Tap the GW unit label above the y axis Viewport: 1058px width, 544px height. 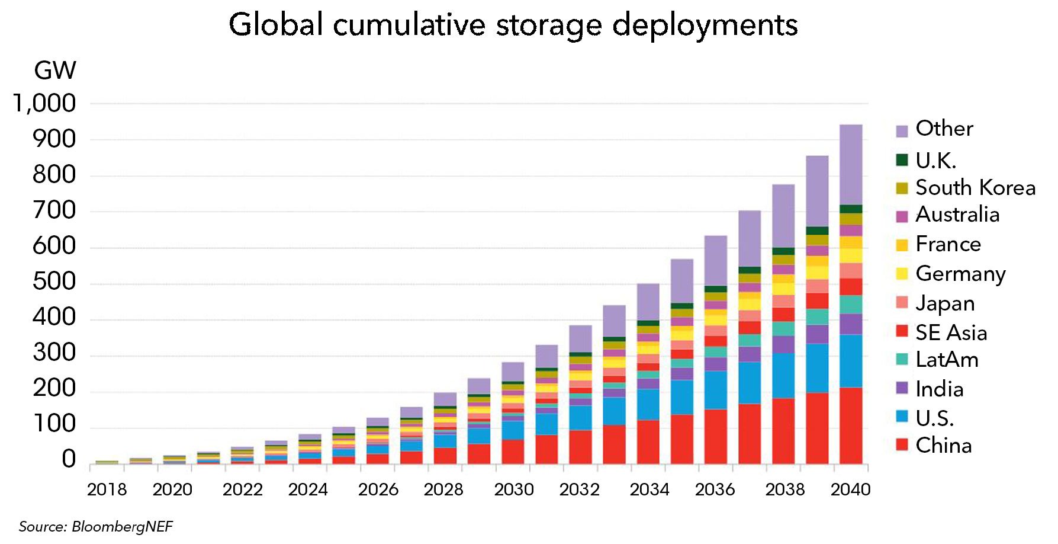(55, 71)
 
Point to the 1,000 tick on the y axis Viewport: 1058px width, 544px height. (45, 104)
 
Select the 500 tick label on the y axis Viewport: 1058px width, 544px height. (54, 281)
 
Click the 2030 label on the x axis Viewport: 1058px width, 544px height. (514, 489)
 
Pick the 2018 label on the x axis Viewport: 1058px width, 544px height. (107, 489)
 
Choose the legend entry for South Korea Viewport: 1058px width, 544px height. (975, 188)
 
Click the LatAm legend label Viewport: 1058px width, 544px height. (947, 360)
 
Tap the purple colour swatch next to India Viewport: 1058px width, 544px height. (902, 389)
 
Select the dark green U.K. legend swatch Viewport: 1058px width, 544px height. (902, 160)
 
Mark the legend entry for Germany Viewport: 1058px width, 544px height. (960, 274)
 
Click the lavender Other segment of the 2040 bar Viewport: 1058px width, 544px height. (851, 164)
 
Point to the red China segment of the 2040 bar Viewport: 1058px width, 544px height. (851, 425)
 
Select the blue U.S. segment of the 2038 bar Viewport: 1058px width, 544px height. (783, 375)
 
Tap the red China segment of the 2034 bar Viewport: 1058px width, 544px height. (648, 442)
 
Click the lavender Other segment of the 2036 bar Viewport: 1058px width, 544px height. (715, 261)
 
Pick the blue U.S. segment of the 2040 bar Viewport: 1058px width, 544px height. (851, 361)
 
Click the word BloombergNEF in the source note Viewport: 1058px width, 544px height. (121, 527)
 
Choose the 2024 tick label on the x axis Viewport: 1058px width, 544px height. (308, 489)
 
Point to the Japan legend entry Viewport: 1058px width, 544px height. (945, 303)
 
